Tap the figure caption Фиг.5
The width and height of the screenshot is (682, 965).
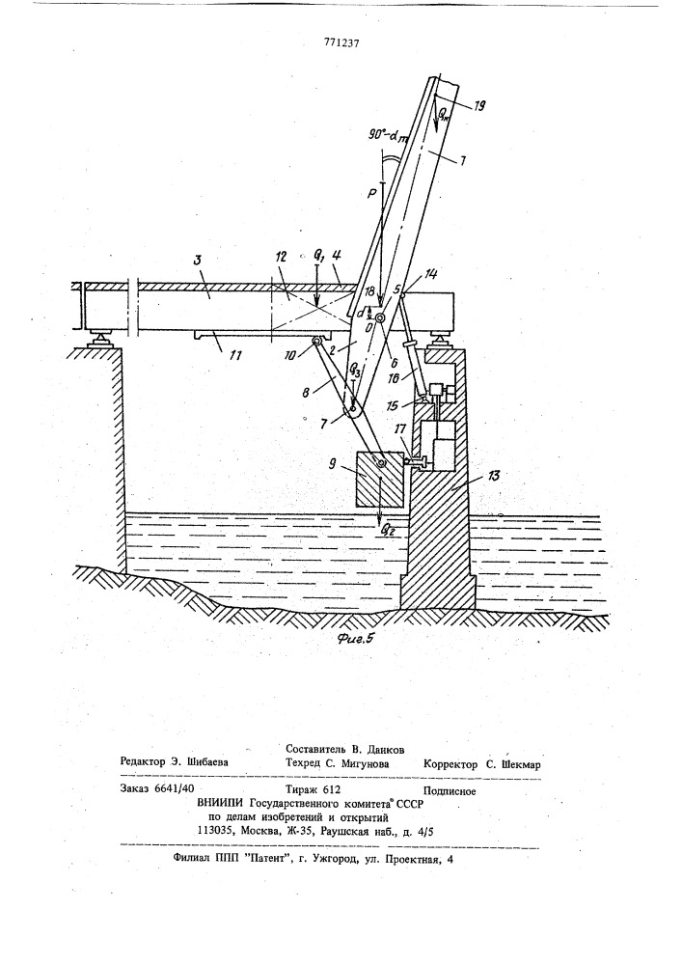(x=355, y=640)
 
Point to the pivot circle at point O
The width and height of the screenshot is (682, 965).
(x=380, y=320)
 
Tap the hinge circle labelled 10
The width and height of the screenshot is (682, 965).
(x=316, y=341)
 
